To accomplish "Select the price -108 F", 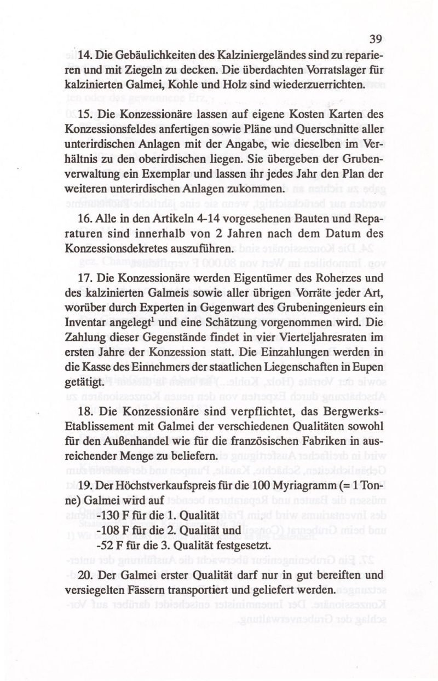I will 114,529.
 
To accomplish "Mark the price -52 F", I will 111,544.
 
